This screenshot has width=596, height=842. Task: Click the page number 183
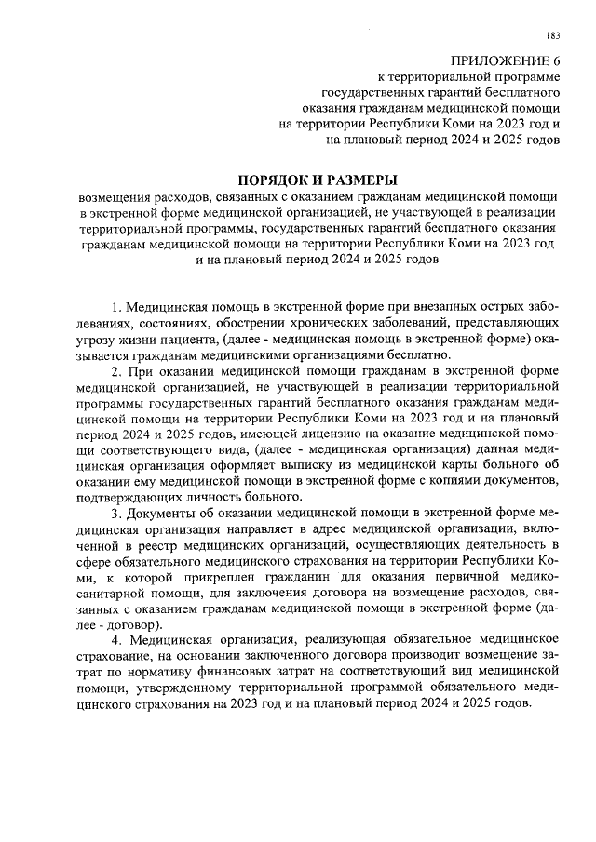click(x=553, y=36)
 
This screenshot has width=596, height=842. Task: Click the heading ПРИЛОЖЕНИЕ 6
click(x=505, y=60)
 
